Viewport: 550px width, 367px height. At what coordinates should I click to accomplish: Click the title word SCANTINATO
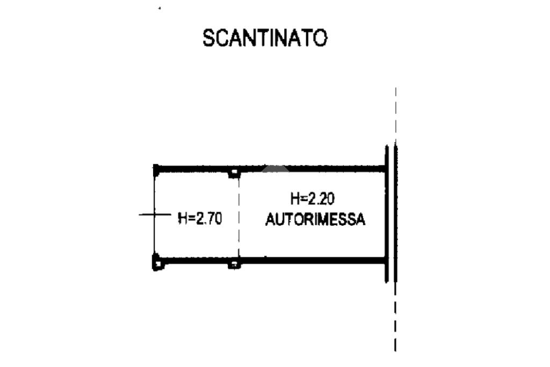tap(265, 38)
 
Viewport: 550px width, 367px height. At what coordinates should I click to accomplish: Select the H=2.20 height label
tap(312, 199)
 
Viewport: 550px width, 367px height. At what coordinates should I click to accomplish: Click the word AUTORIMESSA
tap(315, 220)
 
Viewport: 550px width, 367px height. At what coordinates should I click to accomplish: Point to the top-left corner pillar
tap(156, 169)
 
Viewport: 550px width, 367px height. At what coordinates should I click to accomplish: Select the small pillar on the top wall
tap(234, 172)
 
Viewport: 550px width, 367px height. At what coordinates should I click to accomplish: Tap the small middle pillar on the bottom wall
tap(234, 264)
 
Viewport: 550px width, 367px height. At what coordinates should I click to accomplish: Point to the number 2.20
tap(321, 199)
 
